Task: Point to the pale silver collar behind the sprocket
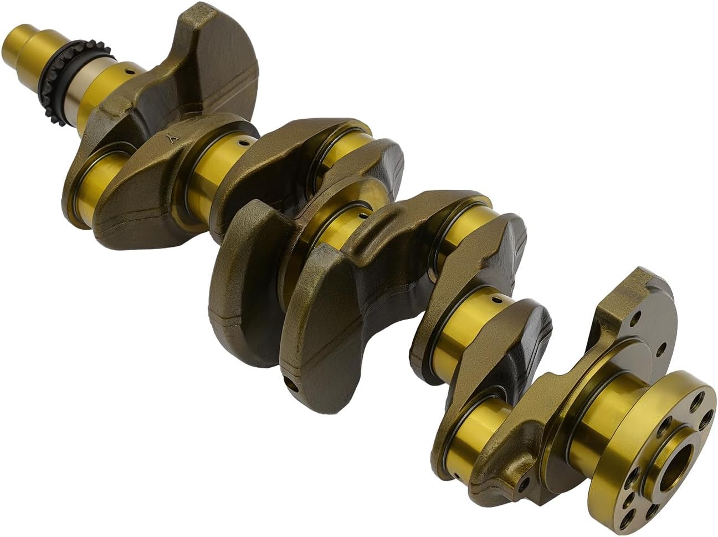coord(78,97)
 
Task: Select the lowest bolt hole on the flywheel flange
coord(627,519)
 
